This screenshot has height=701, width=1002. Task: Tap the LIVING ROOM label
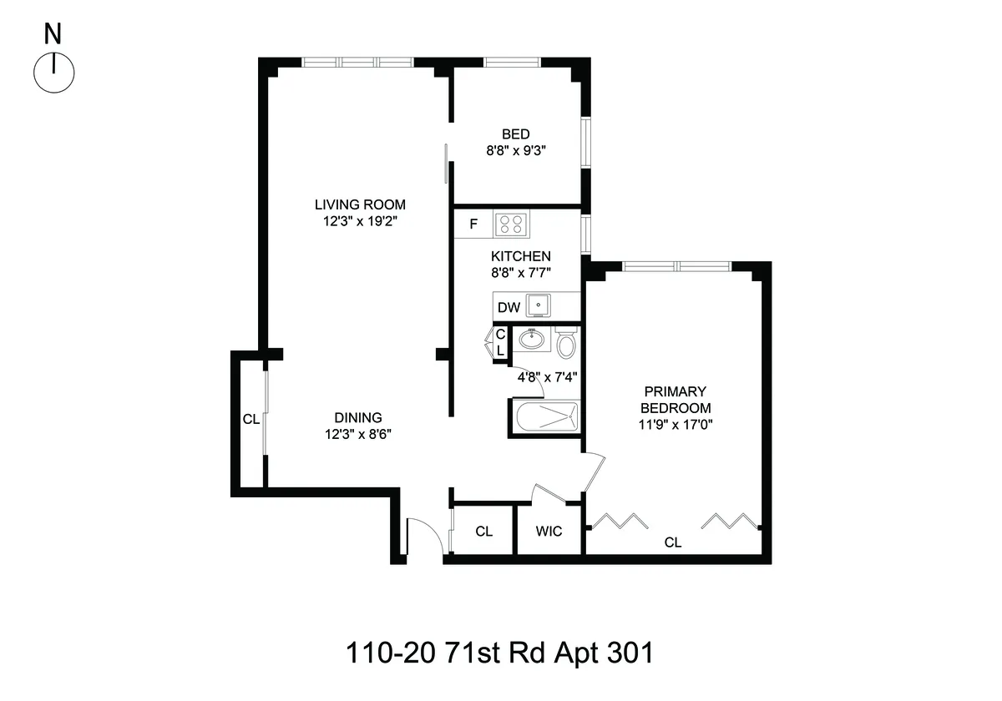360,204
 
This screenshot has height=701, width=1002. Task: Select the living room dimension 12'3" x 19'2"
360,222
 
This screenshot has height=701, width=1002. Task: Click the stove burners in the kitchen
511,224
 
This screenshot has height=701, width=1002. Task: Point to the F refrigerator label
473,224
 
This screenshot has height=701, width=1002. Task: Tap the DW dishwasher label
509,307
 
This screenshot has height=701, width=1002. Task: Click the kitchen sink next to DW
539,306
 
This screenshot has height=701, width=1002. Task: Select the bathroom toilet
566,343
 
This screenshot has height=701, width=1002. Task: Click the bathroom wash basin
531,340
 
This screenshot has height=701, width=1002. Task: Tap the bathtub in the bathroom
544,417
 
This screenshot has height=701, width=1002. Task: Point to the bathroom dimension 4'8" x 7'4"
548,377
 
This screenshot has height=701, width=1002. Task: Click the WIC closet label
549,532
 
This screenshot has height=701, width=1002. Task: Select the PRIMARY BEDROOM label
675,400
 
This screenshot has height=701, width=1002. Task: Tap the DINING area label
358,417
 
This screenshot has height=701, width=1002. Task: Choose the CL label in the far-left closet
250,420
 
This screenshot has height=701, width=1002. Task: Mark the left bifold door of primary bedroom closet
619,522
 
